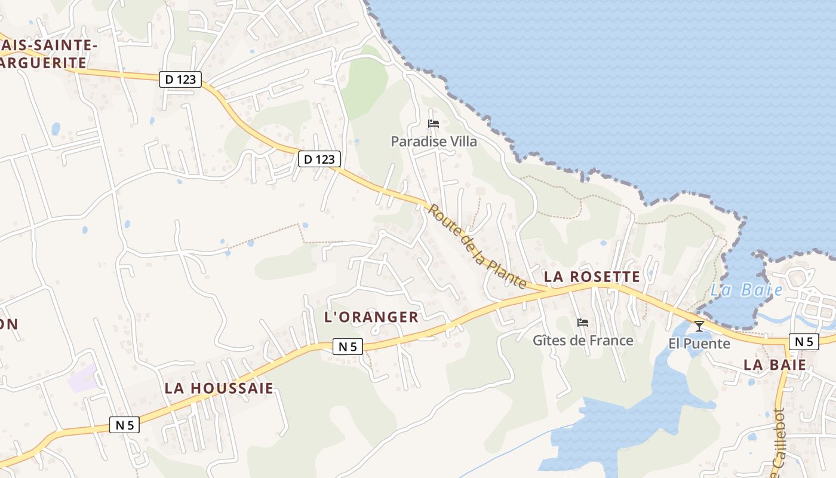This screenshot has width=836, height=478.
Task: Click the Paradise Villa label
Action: coord(434,142)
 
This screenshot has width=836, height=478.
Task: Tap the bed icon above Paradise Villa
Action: coord(434,124)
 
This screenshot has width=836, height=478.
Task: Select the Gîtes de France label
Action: coord(583,341)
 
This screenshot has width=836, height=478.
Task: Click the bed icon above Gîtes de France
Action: coord(583,323)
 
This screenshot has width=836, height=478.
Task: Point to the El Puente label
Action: coord(699,344)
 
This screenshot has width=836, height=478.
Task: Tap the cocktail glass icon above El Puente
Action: coord(699,326)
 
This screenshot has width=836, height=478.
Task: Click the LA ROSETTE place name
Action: coord(592,277)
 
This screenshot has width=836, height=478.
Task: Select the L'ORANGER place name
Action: coord(371,317)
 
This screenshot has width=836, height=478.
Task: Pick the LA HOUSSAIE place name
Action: coord(219,388)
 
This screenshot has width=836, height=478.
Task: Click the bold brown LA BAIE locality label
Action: coord(775,364)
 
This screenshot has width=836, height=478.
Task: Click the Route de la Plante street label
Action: coord(477,247)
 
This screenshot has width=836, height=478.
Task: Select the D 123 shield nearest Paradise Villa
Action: coord(319,159)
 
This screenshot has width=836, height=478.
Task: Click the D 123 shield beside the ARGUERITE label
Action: coord(180,79)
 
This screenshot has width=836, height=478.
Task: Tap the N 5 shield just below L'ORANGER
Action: coord(348,347)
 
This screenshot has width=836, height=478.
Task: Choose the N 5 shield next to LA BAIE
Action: coord(804,341)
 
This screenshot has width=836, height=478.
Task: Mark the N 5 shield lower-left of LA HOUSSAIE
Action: coord(124,425)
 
